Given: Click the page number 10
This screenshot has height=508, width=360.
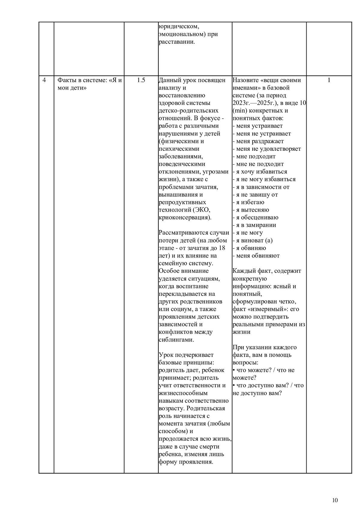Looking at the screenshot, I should click(335, 500).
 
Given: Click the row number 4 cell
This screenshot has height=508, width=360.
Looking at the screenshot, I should click(44, 80).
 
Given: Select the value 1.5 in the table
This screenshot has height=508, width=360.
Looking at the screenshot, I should click(141, 80).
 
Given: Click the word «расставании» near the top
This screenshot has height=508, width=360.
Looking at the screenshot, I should click(177, 42).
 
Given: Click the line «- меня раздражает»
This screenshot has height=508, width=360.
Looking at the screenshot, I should click(258, 141).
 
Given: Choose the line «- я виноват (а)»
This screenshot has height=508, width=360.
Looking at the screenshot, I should click(253, 240).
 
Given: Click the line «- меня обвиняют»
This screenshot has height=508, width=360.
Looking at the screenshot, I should click(256, 256).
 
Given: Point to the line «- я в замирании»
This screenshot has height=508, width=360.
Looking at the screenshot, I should click(254, 225).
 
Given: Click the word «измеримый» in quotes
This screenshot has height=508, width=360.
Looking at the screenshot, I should click(264, 309).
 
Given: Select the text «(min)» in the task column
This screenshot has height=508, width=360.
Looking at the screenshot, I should click(240, 111).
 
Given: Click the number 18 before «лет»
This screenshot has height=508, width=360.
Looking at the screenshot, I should click(222, 248).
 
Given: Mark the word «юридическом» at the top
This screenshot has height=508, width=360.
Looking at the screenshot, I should click(178, 26).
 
